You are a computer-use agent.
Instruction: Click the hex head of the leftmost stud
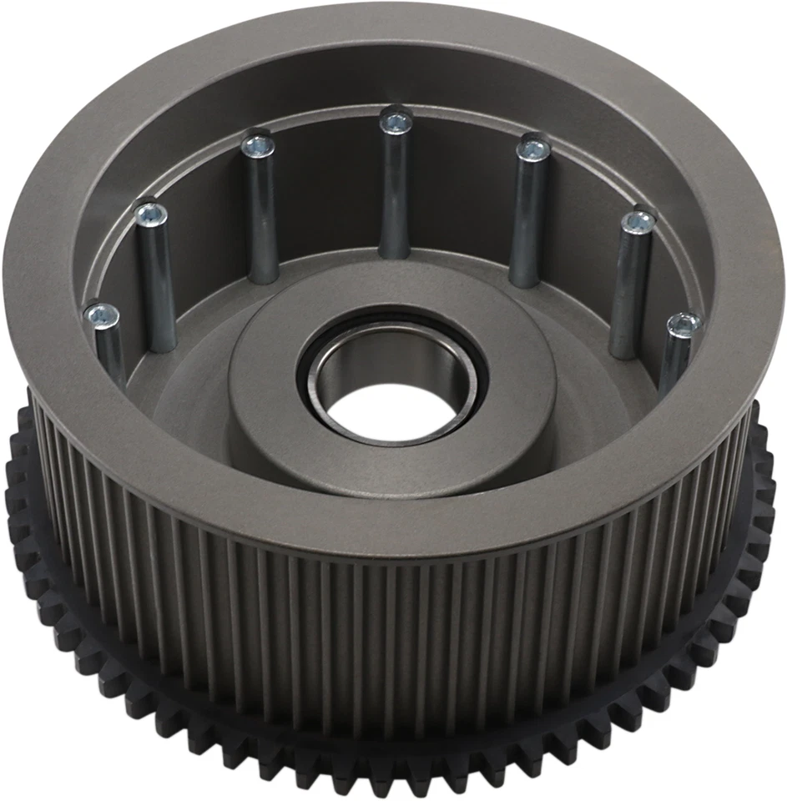[x=102, y=315]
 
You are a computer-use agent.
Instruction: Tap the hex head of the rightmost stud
[x=684, y=323]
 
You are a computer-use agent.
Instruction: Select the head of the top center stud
[x=396, y=123]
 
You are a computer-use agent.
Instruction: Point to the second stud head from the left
[x=151, y=215]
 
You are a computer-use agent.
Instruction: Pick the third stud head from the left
[x=257, y=146]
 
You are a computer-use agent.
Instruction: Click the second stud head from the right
[x=639, y=222]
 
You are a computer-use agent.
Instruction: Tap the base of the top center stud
[x=395, y=250]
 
